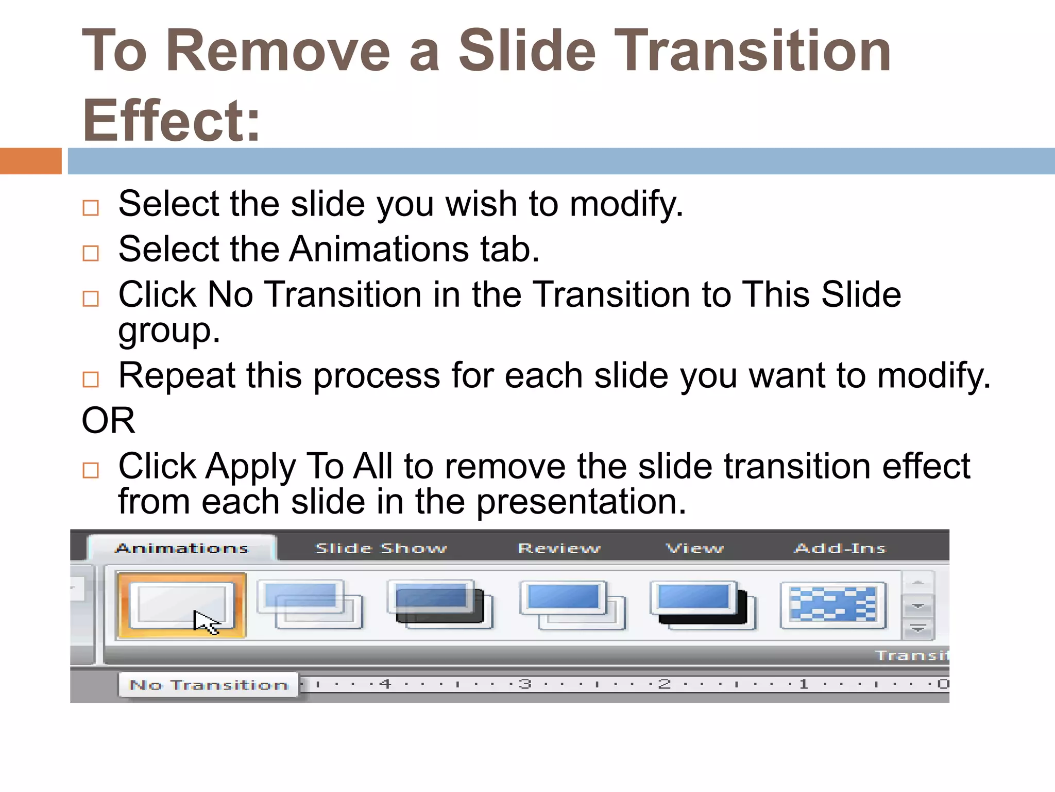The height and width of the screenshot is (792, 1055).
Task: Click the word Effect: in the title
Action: (171, 121)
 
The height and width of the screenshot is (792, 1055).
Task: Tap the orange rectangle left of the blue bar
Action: (31, 161)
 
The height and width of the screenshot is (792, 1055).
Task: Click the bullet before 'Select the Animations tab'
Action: (91, 253)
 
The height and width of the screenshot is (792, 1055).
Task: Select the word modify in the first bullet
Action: (625, 205)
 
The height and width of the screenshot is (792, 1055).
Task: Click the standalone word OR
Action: (108, 421)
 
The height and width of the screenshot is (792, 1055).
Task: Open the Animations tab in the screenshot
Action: (182, 549)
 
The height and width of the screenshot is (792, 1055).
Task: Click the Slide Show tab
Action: (381, 549)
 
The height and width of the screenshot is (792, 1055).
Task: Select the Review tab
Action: (559, 549)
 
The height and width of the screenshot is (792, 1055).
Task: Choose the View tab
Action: (694, 549)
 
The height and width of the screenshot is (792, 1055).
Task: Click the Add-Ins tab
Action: (840, 549)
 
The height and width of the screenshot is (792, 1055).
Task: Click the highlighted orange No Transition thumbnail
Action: (181, 604)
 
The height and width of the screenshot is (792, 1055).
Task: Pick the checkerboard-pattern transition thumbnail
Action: (833, 604)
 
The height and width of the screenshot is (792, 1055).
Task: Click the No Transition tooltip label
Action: (209, 685)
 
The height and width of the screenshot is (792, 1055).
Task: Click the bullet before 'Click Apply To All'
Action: (91, 470)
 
